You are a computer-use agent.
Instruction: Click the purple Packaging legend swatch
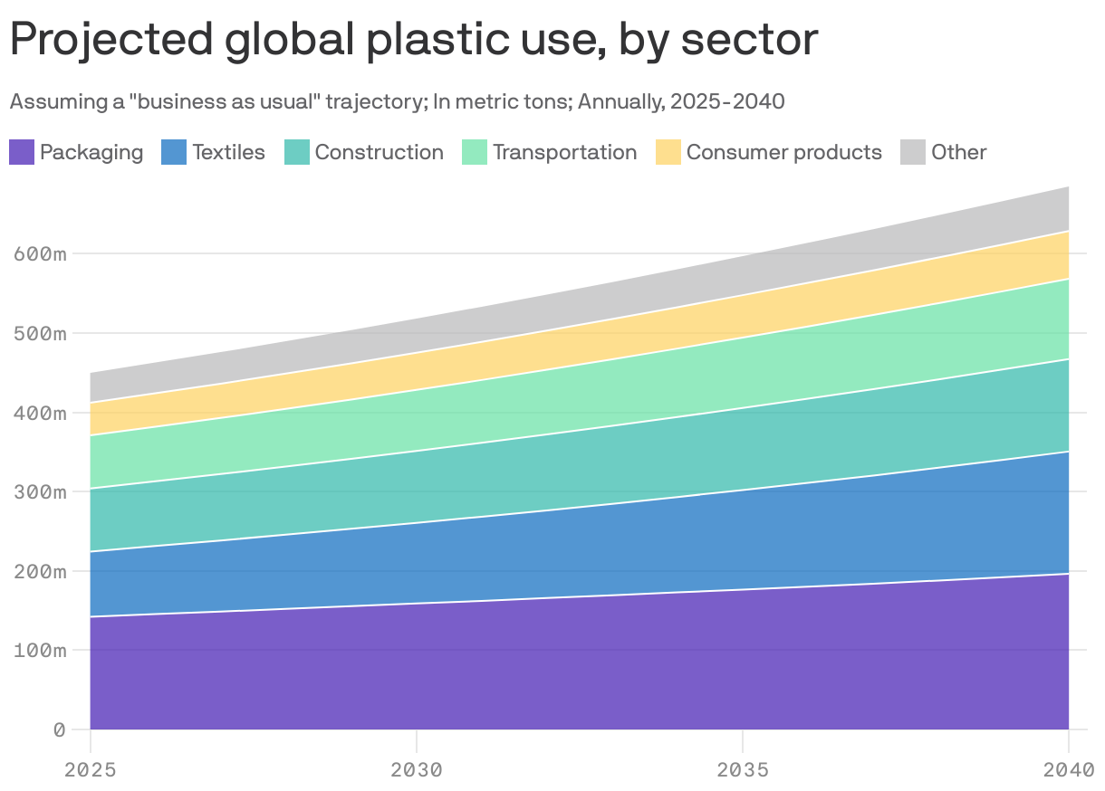click(x=22, y=152)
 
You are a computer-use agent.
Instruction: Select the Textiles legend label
click(x=228, y=152)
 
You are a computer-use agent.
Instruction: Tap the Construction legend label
click(x=379, y=152)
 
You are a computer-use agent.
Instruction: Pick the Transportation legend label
click(x=564, y=152)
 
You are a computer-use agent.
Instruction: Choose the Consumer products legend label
click(x=783, y=152)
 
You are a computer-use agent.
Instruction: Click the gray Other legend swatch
click(x=913, y=152)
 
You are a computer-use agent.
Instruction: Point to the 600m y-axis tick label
click(x=41, y=253)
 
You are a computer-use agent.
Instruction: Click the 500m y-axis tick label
click(x=41, y=333)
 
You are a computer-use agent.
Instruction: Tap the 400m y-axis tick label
click(x=41, y=413)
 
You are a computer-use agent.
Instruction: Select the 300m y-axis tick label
click(x=41, y=492)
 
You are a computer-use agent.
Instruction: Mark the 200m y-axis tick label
click(x=41, y=571)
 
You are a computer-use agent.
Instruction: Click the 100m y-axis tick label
click(x=41, y=650)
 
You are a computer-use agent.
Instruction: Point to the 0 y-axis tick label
click(x=60, y=729)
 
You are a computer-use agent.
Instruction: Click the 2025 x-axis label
click(x=91, y=770)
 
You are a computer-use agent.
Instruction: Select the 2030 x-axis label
click(x=417, y=770)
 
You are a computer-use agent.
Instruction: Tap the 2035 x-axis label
click(x=743, y=770)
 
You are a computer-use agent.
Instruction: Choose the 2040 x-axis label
click(x=1068, y=770)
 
